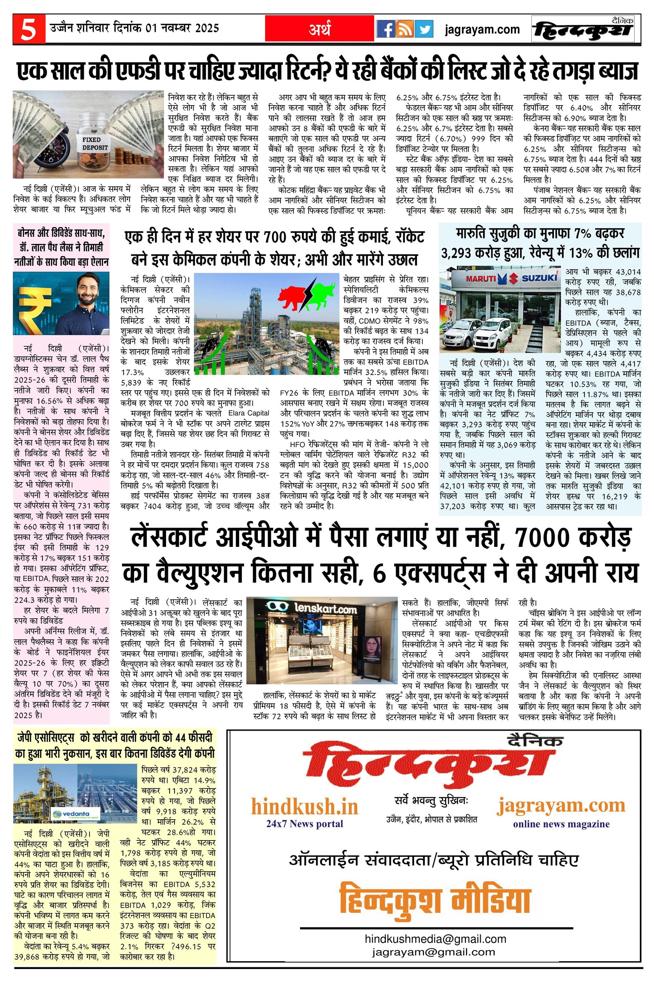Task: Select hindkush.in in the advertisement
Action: [304, 806]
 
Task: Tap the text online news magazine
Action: [561, 824]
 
